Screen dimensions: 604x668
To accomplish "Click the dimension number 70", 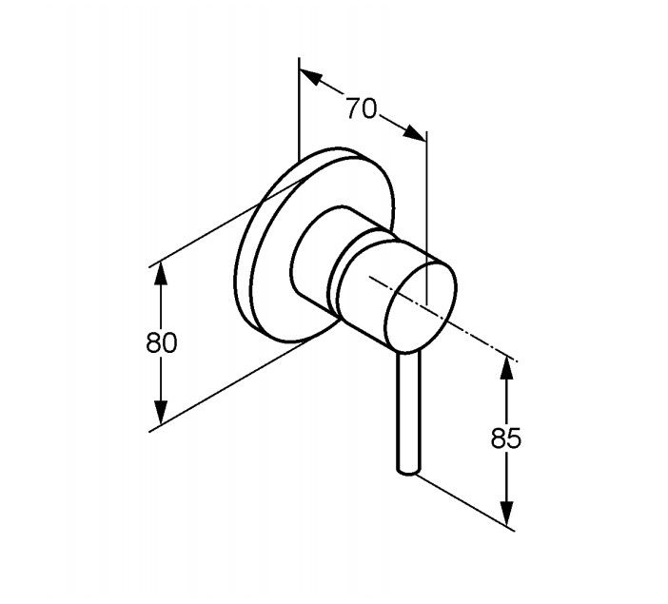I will tap(361, 108).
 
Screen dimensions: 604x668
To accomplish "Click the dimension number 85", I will tap(505, 438).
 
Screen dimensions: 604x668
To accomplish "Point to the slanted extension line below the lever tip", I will tap(466, 500).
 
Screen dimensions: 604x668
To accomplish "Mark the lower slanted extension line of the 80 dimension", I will tap(228, 390).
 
